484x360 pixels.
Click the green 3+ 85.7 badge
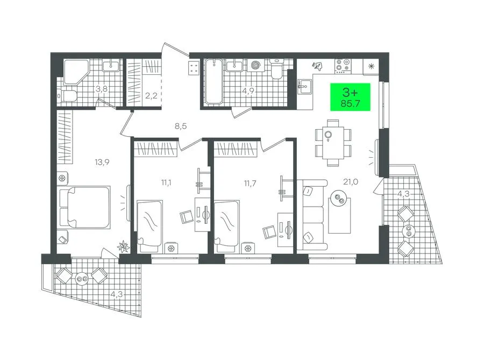point(350,97)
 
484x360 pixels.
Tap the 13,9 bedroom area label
point(102,162)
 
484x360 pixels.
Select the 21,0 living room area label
point(351,182)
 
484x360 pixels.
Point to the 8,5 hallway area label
point(181,126)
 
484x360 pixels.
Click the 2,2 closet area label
point(151,95)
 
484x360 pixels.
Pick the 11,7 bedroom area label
point(250,183)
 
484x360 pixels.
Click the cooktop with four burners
point(343,66)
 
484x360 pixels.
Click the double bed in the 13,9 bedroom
point(85,207)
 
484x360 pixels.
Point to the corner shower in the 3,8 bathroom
point(76,72)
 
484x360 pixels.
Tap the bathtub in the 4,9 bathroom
point(213,81)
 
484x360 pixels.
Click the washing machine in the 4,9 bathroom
point(256,65)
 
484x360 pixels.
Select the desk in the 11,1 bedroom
point(203,215)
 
